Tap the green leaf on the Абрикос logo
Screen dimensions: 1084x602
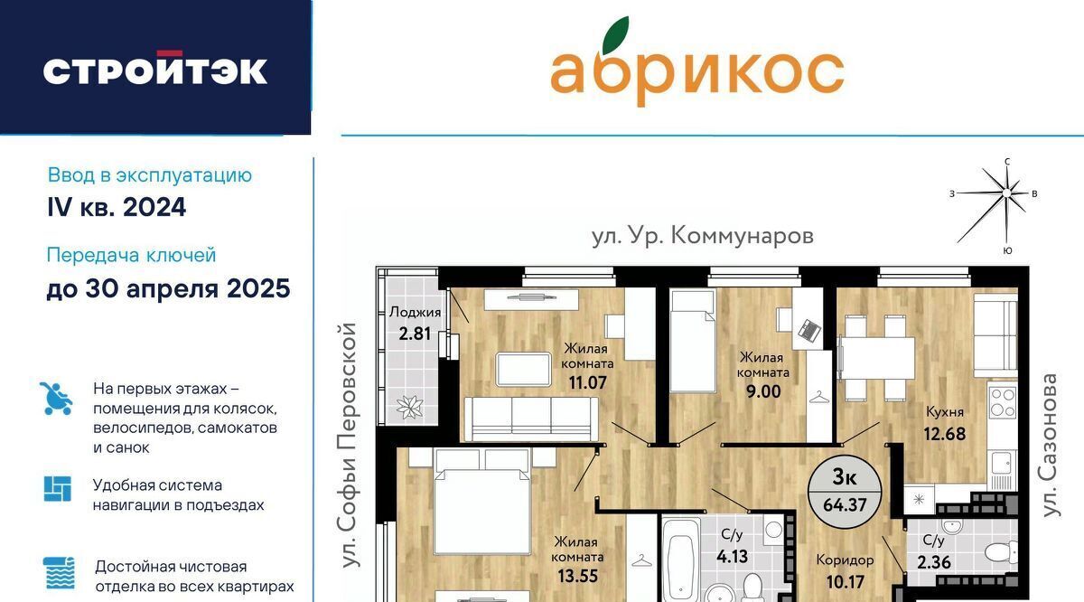coord(616,35)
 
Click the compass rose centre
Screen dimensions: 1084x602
coord(1006,193)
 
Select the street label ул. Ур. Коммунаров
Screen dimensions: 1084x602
coord(703,236)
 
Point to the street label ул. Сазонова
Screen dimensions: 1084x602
coord(1049,445)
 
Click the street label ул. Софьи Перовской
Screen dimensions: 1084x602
coord(349,446)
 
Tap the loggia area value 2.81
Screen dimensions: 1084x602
coord(415,334)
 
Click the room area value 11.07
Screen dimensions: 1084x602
coord(587,382)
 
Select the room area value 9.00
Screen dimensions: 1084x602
coord(763,391)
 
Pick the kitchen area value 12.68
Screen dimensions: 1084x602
coord(945,434)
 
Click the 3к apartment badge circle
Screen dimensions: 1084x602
coord(845,492)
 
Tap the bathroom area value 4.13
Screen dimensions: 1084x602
coord(733,556)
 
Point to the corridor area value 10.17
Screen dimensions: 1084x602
coord(845,581)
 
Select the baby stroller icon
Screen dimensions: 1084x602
coord(56,399)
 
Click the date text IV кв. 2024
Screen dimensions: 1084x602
coord(117,207)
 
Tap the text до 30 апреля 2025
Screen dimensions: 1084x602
coord(168,288)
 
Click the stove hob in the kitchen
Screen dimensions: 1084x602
coord(1003,402)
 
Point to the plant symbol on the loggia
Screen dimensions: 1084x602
coord(409,408)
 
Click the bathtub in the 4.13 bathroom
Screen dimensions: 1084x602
coord(680,561)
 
